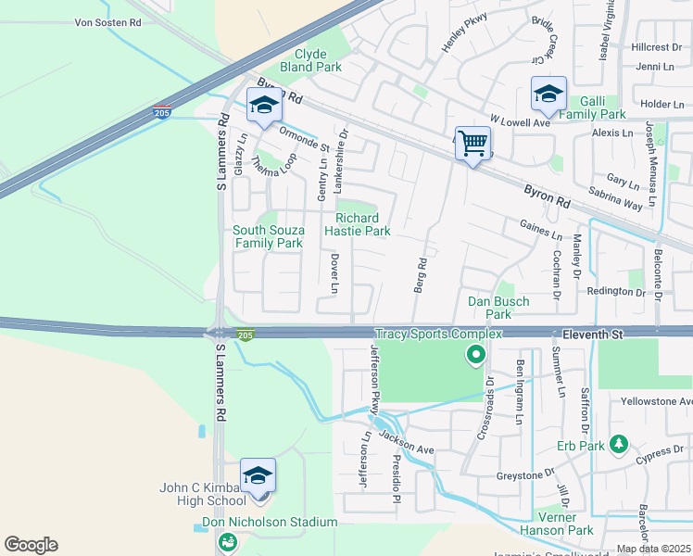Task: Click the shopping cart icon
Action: click(x=472, y=144)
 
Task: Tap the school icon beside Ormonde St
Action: click(x=264, y=105)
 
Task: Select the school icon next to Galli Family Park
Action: click(x=548, y=94)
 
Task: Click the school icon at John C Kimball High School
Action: click(x=258, y=476)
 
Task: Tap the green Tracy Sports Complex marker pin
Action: click(x=475, y=354)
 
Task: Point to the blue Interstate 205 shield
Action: click(x=161, y=112)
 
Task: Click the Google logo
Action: click(x=31, y=545)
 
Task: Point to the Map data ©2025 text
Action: click(x=653, y=549)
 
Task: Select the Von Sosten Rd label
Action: click(x=108, y=20)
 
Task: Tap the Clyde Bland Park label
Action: click(x=311, y=61)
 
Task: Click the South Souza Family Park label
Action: click(x=268, y=236)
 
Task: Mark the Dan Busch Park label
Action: click(x=498, y=308)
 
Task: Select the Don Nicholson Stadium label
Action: click(x=270, y=522)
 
